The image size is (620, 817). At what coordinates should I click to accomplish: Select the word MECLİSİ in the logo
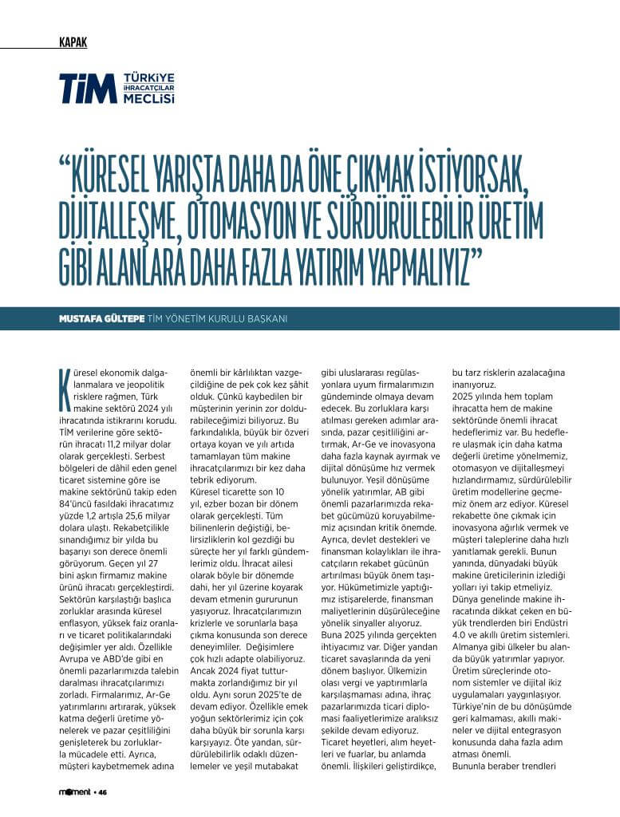[x=149, y=100]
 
